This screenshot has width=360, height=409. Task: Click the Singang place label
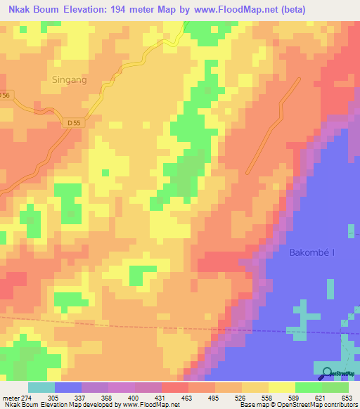pos(70,80)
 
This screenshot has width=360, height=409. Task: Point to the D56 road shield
pos(6,94)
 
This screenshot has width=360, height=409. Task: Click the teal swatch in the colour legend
pos(41,387)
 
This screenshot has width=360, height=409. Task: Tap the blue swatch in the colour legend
pos(68,387)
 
